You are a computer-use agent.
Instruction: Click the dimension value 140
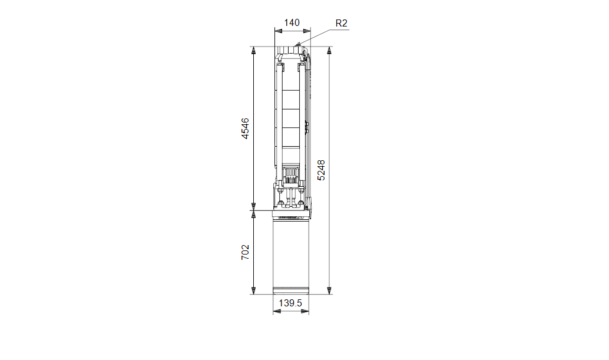coord(292,23)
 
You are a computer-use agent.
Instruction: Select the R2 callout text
coord(342,23)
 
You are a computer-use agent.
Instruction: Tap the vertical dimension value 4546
coord(246,128)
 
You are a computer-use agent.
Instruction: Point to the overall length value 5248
coord(321,170)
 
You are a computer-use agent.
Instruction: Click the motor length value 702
coord(246,252)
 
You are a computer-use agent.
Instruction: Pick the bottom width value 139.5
coord(291,302)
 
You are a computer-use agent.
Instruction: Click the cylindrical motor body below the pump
coord(291,253)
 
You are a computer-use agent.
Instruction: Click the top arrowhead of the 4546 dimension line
coord(253,51)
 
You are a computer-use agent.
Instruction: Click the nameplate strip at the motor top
coord(290,217)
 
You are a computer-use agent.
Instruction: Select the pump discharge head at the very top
coord(290,51)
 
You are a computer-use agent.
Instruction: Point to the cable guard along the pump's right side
coord(308,127)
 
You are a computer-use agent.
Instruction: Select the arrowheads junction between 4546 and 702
coord(253,210)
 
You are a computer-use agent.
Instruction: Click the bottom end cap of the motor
coord(291,290)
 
